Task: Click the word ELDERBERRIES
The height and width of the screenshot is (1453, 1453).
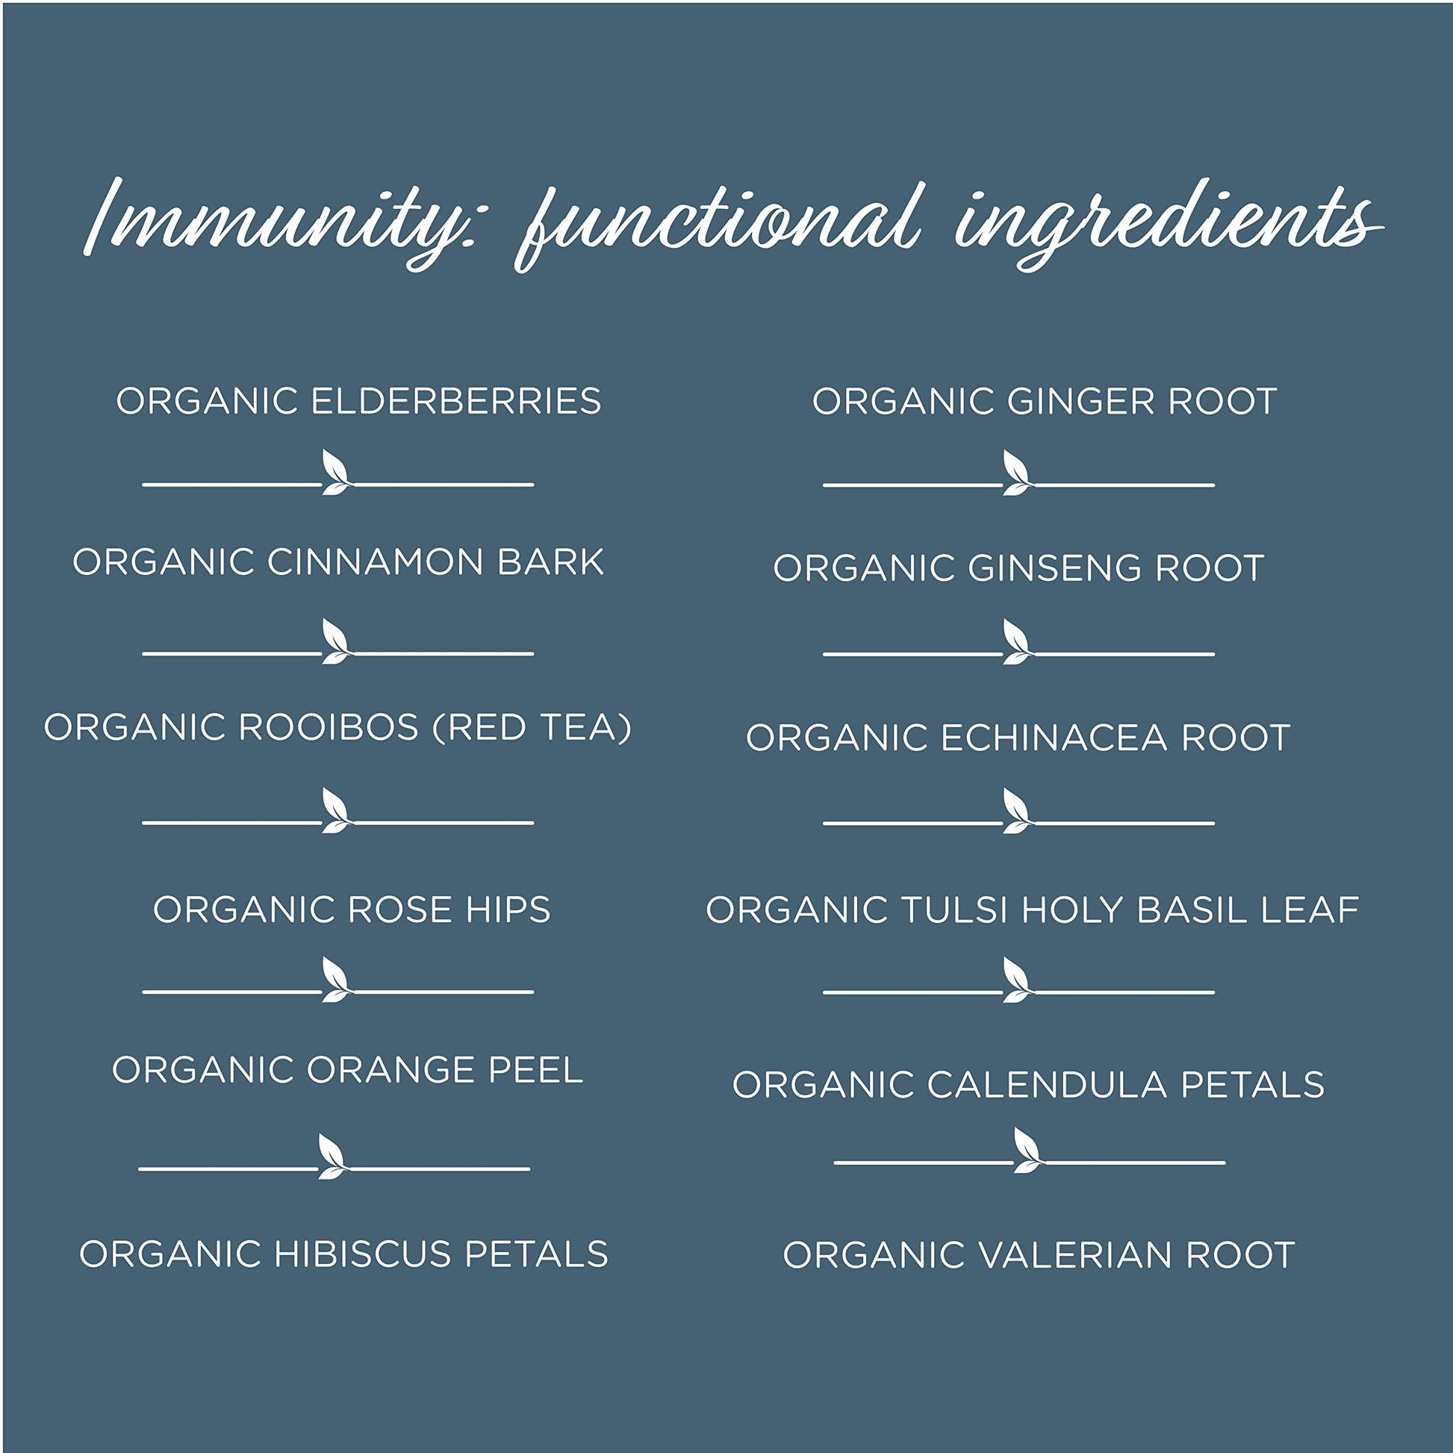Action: [x=455, y=401]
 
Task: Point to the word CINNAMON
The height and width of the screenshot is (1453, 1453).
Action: [x=375, y=562]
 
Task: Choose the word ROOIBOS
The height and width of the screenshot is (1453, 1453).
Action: [x=328, y=727]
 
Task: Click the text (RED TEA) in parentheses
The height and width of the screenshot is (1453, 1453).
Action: [x=532, y=728]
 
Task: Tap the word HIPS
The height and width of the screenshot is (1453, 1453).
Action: [x=508, y=910]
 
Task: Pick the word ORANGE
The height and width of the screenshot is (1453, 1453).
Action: [x=391, y=1070]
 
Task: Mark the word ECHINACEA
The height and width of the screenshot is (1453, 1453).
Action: [x=1054, y=738]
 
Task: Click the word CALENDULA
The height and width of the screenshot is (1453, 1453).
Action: [x=1047, y=1084]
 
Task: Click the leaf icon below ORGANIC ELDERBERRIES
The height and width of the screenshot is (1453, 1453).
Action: [x=337, y=473]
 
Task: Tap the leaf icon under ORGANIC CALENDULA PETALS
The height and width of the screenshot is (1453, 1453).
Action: [x=1029, y=1150]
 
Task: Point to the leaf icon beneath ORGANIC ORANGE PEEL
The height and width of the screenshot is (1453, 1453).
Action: [x=333, y=1156]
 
